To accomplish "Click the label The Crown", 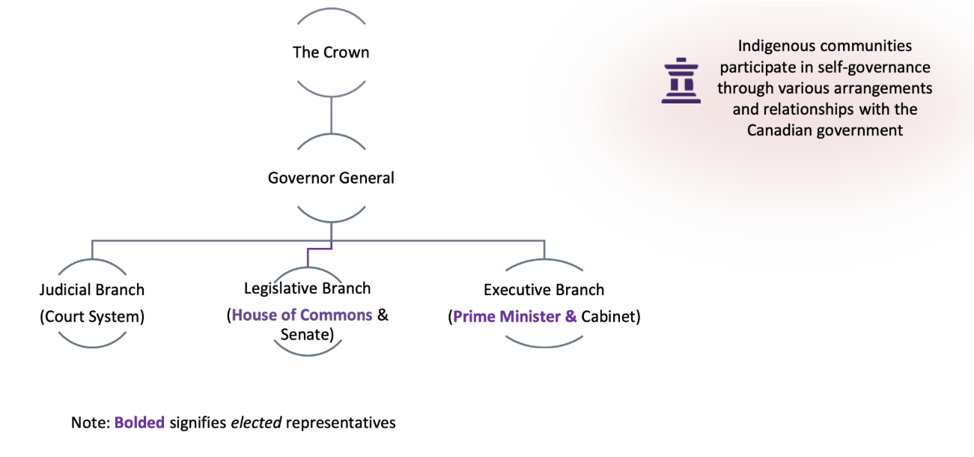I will click(331, 52).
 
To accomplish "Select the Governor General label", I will click(331, 178).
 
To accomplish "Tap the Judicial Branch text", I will click(91, 290).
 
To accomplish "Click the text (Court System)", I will click(91, 316).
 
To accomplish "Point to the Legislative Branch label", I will click(307, 288).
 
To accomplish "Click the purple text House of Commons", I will click(302, 315).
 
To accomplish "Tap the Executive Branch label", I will click(544, 290).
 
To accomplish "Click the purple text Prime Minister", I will click(507, 317).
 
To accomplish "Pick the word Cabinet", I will click(610, 317).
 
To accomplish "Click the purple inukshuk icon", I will click(681, 80).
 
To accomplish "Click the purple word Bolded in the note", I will click(139, 423).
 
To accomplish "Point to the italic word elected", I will click(256, 423).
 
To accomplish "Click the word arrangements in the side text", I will click(886, 88).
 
